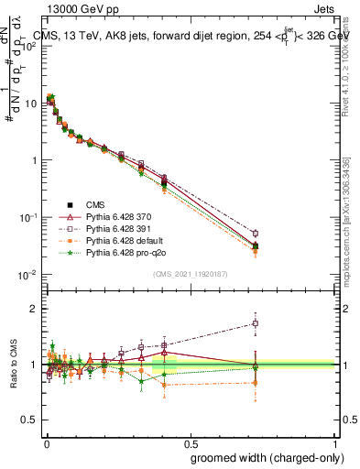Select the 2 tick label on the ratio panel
click(x=32, y=309)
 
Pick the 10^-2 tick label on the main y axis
click(x=26, y=275)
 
